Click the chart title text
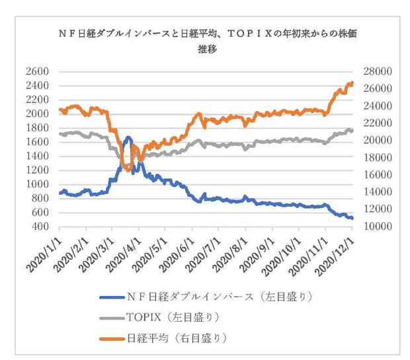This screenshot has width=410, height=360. pos(208,41)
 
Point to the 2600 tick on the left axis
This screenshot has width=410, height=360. pos(38,71)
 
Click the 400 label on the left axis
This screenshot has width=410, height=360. pos(40,227)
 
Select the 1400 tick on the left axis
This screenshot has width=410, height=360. pos(38,156)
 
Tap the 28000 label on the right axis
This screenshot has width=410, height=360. pos(378,71)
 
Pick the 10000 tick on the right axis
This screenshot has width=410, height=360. pos(378,227)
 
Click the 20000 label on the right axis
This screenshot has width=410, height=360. pos(378,140)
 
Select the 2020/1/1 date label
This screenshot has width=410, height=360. pos(44,255)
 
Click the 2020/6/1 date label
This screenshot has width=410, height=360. pos(178,255)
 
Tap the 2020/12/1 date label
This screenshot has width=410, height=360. pos(335,257)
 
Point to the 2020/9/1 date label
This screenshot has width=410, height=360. pos(258,255)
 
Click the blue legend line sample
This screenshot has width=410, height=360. pos(112,297)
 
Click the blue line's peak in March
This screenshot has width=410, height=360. pos(128,137)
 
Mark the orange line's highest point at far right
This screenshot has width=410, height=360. pos(352,83)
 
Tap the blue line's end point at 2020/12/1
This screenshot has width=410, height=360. pos(352,218)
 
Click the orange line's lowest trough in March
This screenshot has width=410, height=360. pos(128,170)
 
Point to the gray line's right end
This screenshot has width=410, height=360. pos(352,130)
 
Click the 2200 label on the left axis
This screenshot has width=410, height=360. pos(38,100)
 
